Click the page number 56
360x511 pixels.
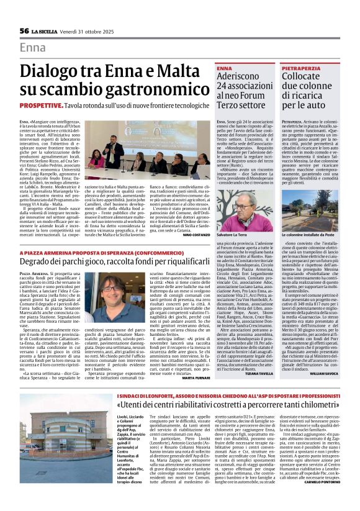[x=24, y=31]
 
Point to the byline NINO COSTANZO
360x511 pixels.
[x=197, y=235]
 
